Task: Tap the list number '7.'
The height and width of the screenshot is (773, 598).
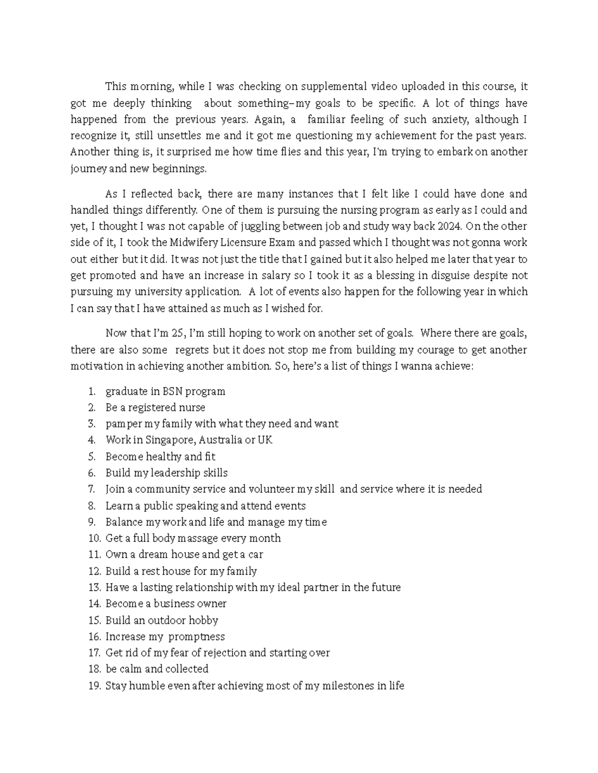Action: pyautogui.click(x=91, y=489)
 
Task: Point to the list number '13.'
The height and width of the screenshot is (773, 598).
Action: pyautogui.click(x=94, y=587)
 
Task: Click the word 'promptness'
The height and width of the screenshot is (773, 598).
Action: pyautogui.click(x=196, y=637)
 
